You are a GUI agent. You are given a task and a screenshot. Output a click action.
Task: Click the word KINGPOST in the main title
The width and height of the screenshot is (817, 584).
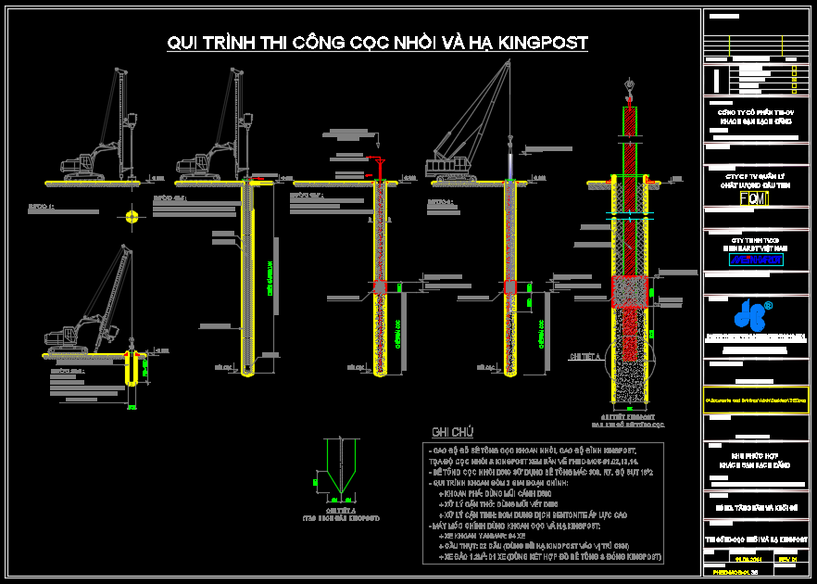543,43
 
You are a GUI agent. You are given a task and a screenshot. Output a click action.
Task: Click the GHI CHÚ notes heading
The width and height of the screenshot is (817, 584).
452,432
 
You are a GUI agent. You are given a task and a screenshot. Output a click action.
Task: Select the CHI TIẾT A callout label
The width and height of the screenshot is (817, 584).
585,355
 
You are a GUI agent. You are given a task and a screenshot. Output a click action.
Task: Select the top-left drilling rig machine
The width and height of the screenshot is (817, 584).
107,139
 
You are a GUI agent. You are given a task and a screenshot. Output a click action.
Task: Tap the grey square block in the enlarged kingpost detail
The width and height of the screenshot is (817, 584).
629,291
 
